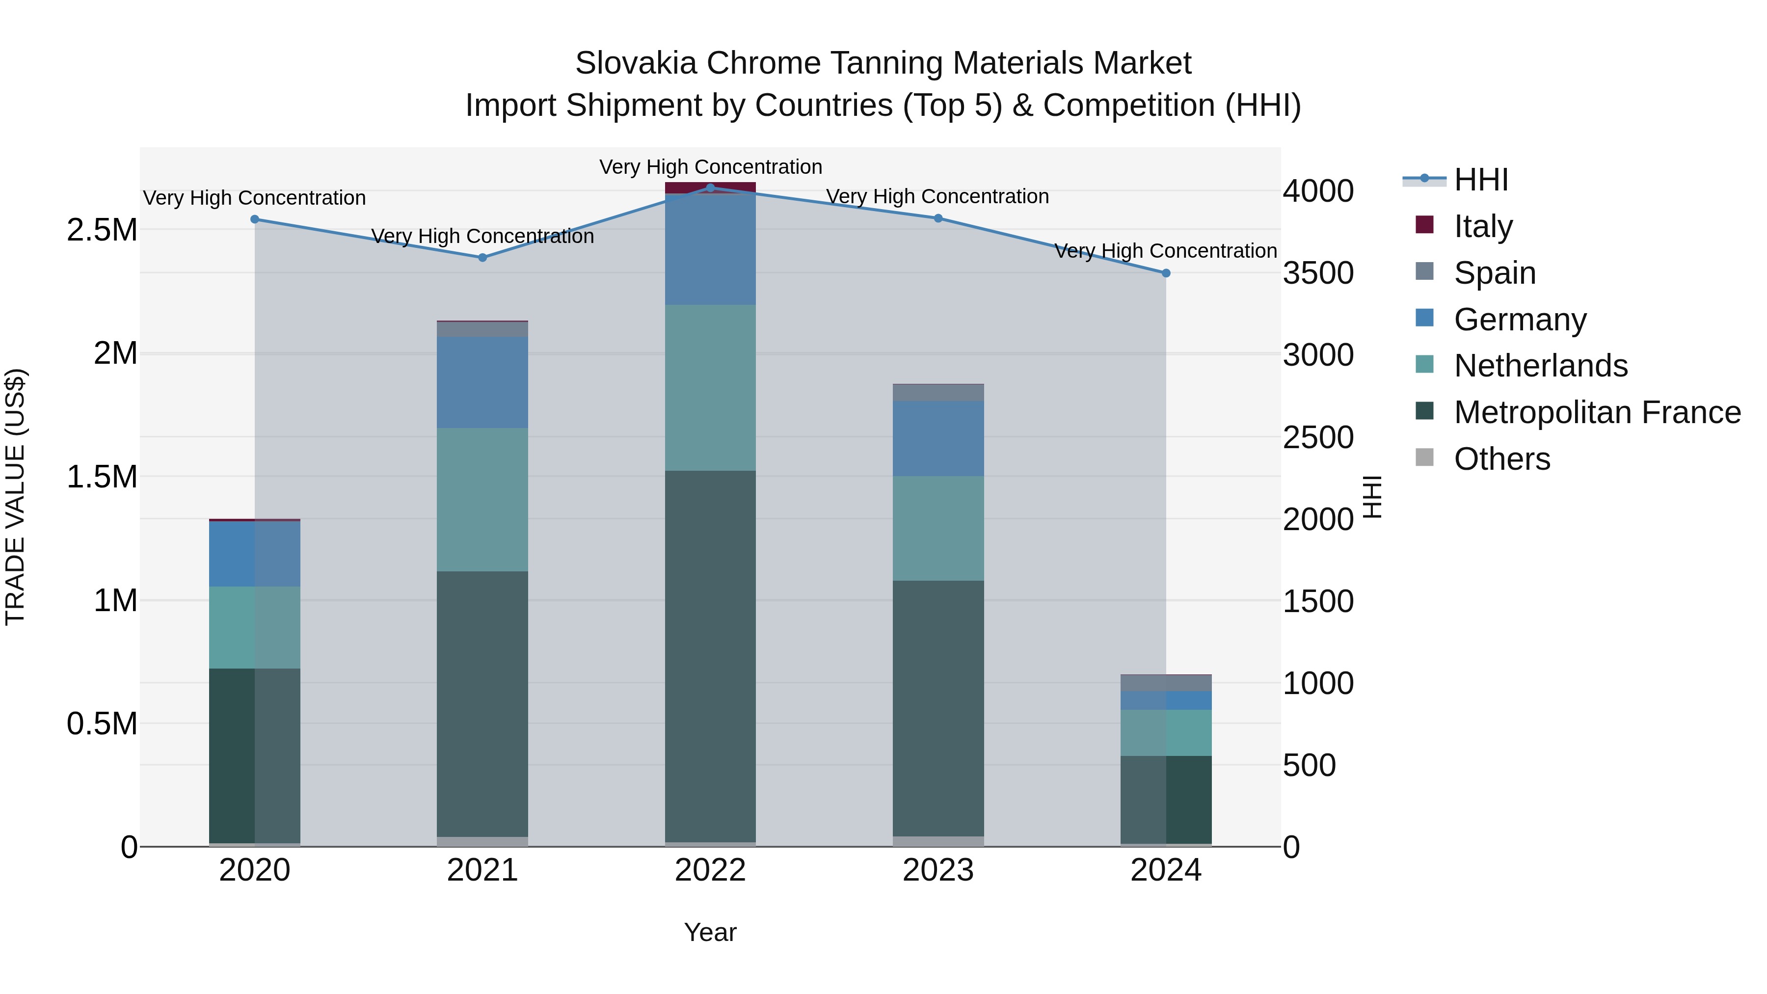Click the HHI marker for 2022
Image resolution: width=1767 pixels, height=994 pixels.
[x=710, y=188]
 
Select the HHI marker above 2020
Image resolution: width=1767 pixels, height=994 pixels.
[x=254, y=219]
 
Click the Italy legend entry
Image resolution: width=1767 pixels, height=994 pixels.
[x=1482, y=226]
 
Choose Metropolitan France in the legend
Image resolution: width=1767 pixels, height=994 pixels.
[x=1597, y=412]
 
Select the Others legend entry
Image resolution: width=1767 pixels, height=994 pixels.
[x=1501, y=459]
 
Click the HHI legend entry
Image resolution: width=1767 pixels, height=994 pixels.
[x=1480, y=180]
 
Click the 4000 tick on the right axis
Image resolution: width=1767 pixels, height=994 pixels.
[x=1318, y=191]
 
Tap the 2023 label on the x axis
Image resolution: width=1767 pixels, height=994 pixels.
[x=937, y=870]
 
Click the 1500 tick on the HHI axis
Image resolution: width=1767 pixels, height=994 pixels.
[x=1318, y=602]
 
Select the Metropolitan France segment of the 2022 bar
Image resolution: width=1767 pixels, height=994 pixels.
[x=710, y=655]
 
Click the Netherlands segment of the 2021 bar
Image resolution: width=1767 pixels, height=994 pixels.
[x=482, y=499]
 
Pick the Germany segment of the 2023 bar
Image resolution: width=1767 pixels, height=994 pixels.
[x=937, y=438]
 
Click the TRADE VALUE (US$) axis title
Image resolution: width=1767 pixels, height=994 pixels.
[x=16, y=497]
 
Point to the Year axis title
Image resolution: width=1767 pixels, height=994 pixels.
[x=710, y=932]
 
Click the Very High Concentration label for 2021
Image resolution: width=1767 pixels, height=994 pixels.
[x=482, y=236]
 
